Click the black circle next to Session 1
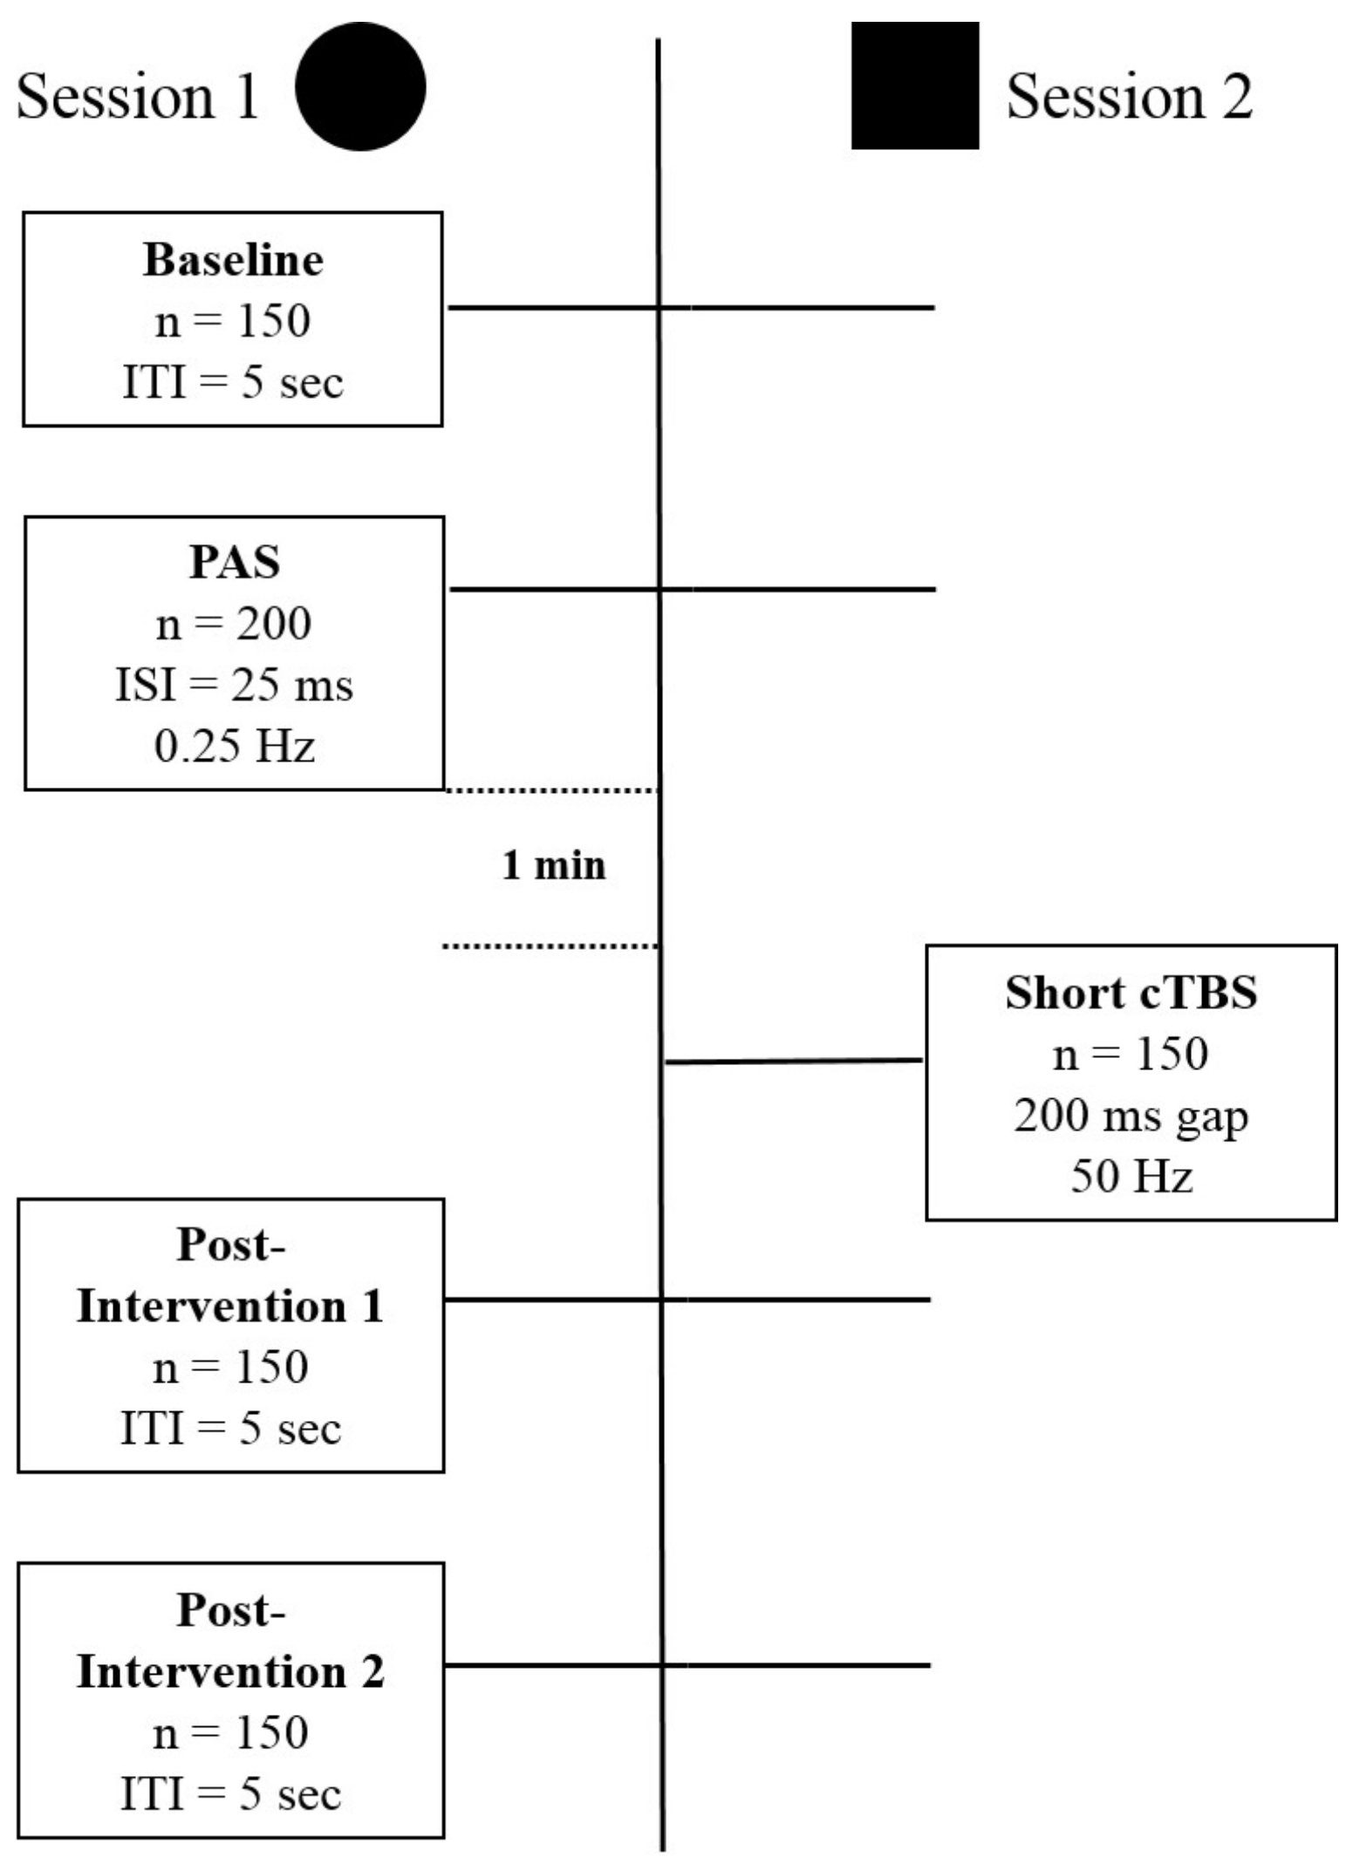[360, 86]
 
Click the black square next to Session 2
[914, 85]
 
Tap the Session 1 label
[138, 96]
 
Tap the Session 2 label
[1129, 96]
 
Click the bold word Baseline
[233, 260]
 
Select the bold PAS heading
[235, 562]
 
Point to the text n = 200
[233, 624]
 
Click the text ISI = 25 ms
[234, 685]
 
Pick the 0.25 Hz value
[234, 747]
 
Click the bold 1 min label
[553, 865]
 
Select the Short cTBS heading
[1131, 993]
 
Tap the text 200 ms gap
[1131, 1116]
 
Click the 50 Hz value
[1131, 1177]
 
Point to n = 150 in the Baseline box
[232, 321]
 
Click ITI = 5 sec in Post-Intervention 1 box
[230, 1429]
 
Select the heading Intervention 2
[230, 1672]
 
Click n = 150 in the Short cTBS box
[1131, 1055]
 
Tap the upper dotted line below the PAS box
[551, 791]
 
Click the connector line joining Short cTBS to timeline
[794, 1062]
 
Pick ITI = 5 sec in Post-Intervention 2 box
[230, 1794]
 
